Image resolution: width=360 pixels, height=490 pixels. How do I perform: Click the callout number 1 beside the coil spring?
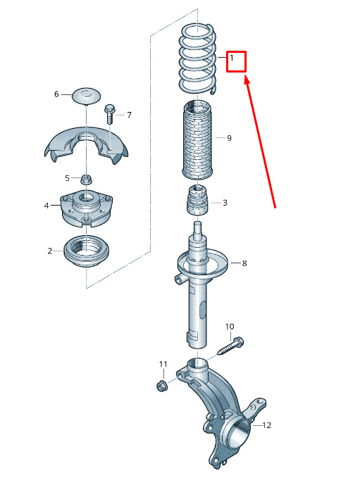tap(232, 58)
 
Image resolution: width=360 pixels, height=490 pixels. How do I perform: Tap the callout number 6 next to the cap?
tap(56, 94)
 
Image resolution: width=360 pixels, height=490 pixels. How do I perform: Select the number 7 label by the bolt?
tap(129, 115)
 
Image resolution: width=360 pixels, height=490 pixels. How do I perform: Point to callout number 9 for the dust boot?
tap(229, 138)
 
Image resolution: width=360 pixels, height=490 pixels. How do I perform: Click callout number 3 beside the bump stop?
tap(225, 203)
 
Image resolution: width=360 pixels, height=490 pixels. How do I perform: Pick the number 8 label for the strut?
tap(244, 263)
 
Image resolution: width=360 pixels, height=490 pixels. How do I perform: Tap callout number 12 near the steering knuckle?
tap(267, 425)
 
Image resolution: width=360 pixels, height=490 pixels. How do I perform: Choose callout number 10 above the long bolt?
tap(230, 327)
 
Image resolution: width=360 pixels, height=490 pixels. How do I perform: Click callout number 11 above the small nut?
tap(163, 364)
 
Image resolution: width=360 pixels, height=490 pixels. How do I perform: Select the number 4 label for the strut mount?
tap(46, 206)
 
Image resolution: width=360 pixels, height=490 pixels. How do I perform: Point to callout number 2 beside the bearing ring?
tap(50, 251)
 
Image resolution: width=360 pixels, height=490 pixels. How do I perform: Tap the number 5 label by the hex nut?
tap(67, 178)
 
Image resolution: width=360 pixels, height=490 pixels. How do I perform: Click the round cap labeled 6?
tap(87, 95)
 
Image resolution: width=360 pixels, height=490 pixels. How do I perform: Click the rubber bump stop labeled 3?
tap(197, 201)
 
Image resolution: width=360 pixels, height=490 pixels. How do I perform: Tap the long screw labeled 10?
tap(231, 346)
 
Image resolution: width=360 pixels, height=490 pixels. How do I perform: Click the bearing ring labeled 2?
tap(87, 251)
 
